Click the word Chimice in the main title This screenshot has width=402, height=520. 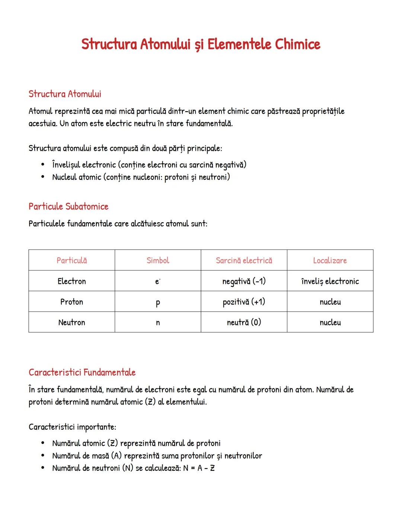coord(297,44)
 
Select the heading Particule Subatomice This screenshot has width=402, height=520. coord(68,207)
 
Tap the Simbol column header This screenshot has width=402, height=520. coord(158,261)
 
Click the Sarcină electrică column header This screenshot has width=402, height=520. coord(244,261)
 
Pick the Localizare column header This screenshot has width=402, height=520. coord(330,261)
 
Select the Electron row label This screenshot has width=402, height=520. coord(71,281)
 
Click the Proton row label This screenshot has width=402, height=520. coord(71,302)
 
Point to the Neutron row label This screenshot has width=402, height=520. coord(71,323)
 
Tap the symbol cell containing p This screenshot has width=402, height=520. coord(158,303)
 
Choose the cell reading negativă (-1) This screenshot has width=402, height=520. coord(244,281)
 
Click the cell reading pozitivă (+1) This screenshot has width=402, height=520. coord(244,302)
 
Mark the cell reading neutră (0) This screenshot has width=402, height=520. coord(244,322)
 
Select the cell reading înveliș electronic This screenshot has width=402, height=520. coord(330,281)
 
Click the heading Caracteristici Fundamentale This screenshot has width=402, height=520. coord(82,373)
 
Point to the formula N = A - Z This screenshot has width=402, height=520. coord(199,468)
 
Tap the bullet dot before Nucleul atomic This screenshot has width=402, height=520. coord(43,177)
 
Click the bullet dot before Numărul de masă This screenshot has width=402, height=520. coord(43,456)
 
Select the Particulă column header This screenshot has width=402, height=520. coord(71,261)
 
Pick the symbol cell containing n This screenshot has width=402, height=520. coord(158,323)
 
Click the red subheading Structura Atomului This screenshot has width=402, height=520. coord(65,94)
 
